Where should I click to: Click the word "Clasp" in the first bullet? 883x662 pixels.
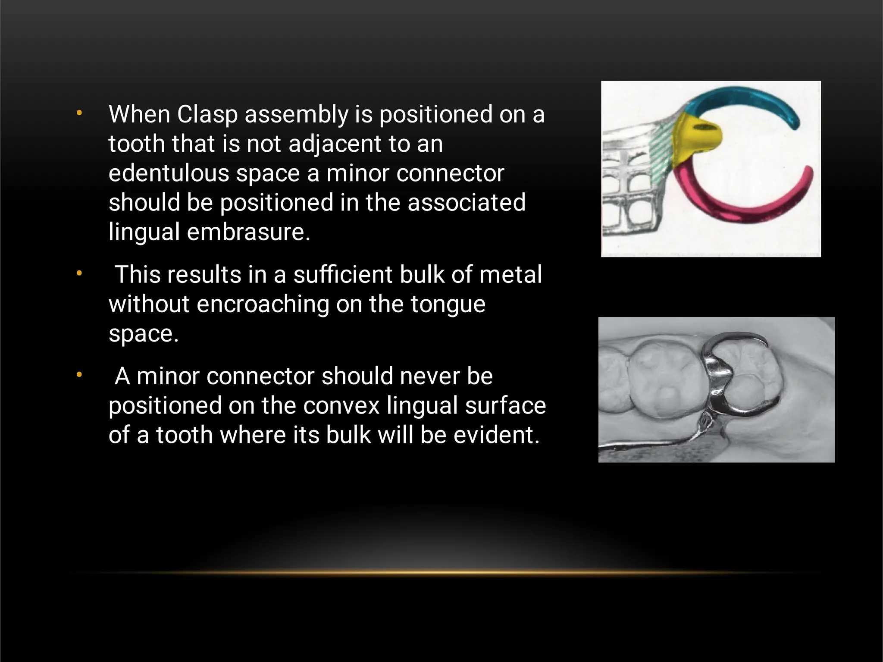tap(207, 115)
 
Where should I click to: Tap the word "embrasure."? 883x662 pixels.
tap(248, 232)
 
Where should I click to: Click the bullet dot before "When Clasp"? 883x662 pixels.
tap(79, 113)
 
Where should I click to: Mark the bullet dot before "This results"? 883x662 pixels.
tap(79, 273)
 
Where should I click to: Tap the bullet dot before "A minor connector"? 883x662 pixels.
tap(79, 375)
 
